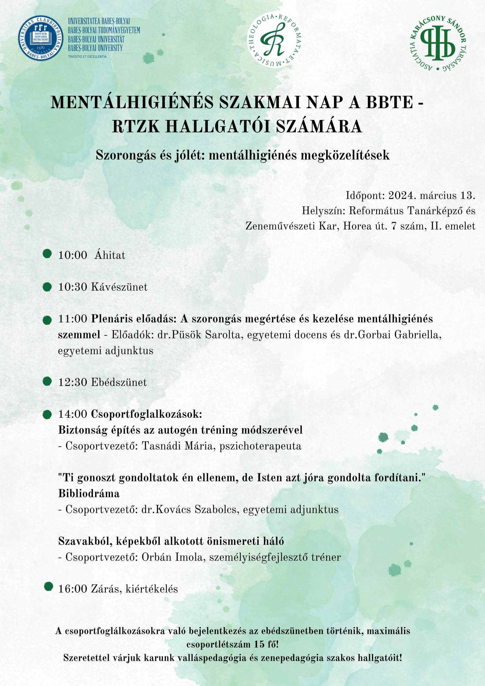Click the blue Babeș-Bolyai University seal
point(41,38)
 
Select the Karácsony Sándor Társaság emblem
point(438,43)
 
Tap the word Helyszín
point(324,211)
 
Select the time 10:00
point(73,255)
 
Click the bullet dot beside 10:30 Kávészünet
point(47,287)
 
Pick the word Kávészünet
point(119,287)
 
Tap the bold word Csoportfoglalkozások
point(147,414)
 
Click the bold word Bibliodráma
point(89,494)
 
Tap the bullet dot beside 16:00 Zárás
point(48,587)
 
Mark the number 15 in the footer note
point(259,644)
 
